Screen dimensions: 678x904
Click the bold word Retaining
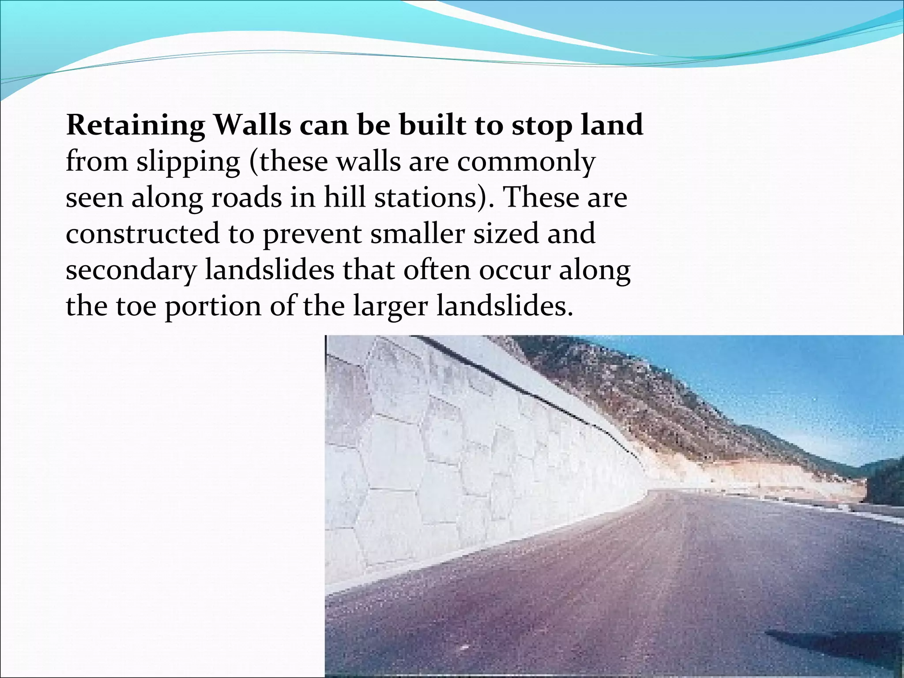(x=136, y=126)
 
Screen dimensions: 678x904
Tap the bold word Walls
(x=252, y=125)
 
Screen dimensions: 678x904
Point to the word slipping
(x=188, y=162)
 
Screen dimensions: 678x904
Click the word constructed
(x=142, y=234)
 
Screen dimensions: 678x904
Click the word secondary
(x=130, y=271)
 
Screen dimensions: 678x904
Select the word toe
(x=136, y=306)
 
